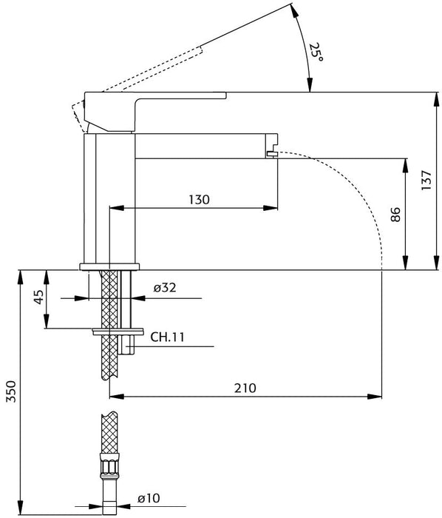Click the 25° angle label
point(316,52)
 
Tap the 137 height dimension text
point(426,180)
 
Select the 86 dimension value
point(395,215)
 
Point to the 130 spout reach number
point(199,200)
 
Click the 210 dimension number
point(245,388)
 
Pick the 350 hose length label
point(11,391)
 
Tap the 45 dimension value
point(38,297)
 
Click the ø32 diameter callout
point(165,288)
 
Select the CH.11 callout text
point(168,337)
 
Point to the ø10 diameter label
point(149,498)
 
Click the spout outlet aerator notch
point(272,153)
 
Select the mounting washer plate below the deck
point(118,332)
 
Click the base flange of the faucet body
point(109,267)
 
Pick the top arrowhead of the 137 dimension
point(437,99)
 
